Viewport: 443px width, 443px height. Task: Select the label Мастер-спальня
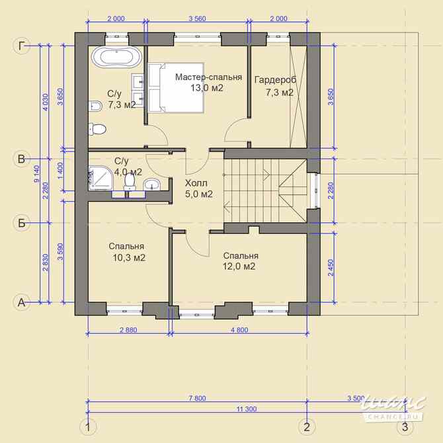pyautogui.click(x=208, y=77)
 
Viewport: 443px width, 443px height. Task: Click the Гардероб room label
pyautogui.click(x=275, y=80)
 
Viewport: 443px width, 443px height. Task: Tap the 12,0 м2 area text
pyautogui.click(x=239, y=266)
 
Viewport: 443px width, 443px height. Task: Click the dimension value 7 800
pyautogui.click(x=196, y=398)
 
